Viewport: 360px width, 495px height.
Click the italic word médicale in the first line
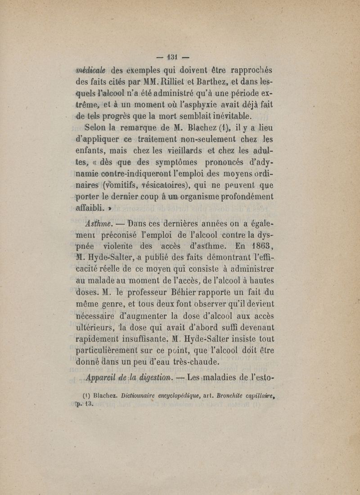(90, 70)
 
